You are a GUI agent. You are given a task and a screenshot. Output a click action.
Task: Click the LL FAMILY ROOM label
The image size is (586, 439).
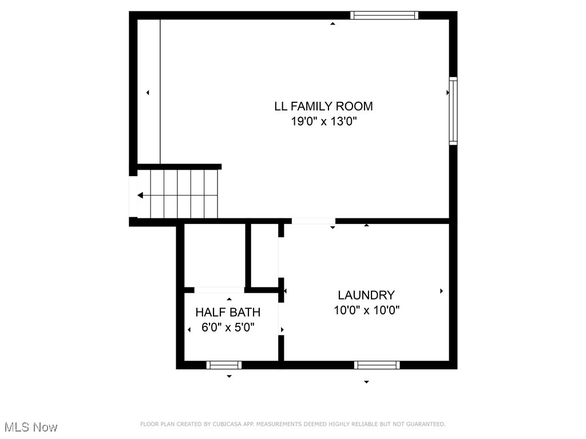pos(323,106)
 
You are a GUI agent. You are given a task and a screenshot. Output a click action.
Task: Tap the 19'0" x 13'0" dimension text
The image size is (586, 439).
pos(323,121)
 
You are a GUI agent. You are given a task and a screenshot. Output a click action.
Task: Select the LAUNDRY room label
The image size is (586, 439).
pos(366,296)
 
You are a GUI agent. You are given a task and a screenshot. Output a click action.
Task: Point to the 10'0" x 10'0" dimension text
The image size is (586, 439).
pos(366,310)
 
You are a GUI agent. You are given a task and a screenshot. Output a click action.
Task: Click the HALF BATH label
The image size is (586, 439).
pos(228,313)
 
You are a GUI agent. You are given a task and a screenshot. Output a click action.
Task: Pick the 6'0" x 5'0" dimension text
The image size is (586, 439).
pos(228,328)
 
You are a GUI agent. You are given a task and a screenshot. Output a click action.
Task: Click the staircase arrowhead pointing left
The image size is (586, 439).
pos(140,195)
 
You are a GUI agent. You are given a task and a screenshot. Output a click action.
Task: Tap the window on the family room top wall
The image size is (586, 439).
pos(384,15)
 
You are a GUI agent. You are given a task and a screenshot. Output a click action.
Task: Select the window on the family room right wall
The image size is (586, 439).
pos(453,110)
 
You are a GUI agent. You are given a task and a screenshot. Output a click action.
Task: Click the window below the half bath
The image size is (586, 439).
pos(224,365)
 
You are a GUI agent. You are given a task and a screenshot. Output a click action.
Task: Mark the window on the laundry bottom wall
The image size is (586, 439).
pos(377,365)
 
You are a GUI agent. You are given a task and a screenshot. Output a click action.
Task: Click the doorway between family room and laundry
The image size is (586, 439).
pos(314,221)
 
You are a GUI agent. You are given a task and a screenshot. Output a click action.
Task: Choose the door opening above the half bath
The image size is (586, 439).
pos(219,290)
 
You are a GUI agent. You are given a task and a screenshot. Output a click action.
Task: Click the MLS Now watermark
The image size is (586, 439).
pos(31,427)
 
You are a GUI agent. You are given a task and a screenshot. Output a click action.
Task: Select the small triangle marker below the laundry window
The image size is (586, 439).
pos(366,382)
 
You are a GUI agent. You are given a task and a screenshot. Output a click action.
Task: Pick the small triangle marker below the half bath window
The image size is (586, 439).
pos(229,376)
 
